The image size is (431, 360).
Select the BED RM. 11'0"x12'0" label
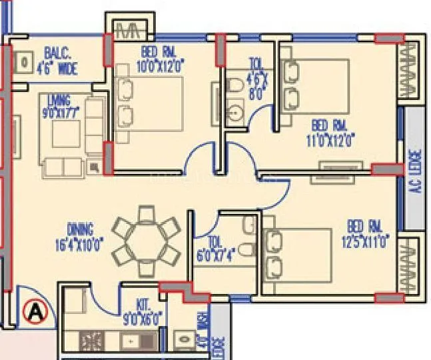tap(332, 133)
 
